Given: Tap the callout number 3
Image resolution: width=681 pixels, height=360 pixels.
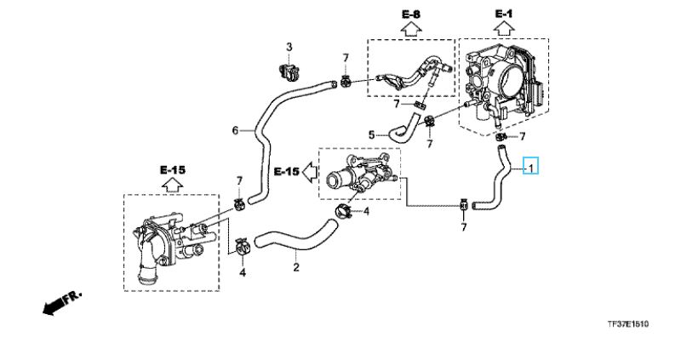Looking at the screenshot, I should pos(289,46).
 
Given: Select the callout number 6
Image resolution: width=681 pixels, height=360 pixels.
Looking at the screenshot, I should pos(235,130).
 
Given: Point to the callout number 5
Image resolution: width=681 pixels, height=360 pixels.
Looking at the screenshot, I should pos(371,134).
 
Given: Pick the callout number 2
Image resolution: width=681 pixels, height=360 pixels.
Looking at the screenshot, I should pos(296,269).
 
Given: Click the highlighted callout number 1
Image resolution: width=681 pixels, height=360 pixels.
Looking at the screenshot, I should pos(530,168).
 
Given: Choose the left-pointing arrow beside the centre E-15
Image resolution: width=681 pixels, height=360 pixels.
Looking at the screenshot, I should pos(308,173).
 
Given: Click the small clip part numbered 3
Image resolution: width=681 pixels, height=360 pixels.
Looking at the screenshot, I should pos(288,70).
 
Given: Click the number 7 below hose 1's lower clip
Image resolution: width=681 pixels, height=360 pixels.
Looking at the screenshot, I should pos(464,227).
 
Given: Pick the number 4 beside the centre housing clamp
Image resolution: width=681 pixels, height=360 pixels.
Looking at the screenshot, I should pos(367,211).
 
